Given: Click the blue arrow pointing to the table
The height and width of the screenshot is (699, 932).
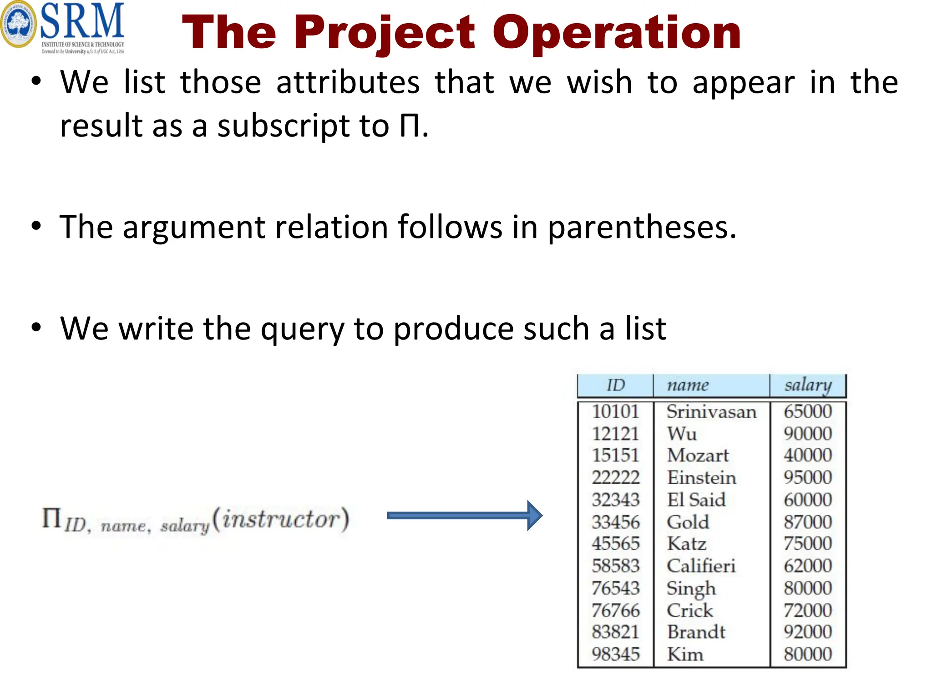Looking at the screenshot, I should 464,515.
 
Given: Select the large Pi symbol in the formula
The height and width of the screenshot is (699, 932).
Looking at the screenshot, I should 51,518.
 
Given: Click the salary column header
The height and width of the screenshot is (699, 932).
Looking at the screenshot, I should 808,385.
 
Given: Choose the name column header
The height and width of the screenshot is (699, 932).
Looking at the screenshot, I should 688,385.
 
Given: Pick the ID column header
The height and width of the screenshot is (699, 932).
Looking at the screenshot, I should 615,385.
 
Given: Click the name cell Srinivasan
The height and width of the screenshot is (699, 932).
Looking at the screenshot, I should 711,412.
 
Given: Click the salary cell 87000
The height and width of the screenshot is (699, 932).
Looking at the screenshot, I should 808,522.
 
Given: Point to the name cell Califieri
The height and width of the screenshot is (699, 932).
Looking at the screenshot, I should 701,566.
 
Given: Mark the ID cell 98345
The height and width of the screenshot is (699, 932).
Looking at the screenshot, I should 616,654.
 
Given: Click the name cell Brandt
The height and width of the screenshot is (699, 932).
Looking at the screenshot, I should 696,632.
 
